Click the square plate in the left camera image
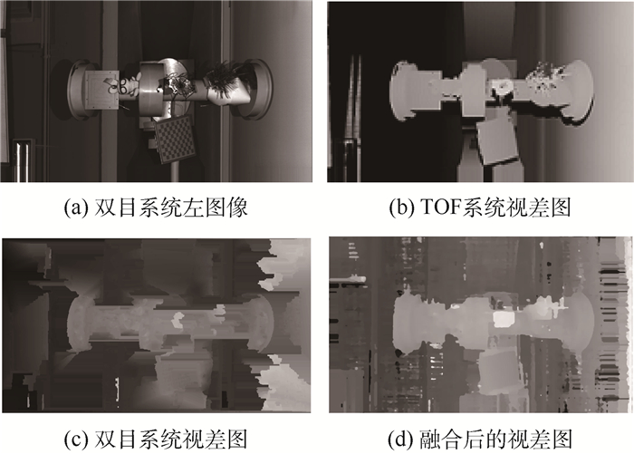[101, 90]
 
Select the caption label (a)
[76, 208]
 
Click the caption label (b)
[401, 208]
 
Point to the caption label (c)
[75, 440]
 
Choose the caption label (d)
[401, 440]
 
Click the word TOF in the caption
[440, 208]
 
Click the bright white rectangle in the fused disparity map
[504, 318]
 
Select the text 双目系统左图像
[170, 208]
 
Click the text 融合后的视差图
[495, 440]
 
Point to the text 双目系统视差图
[170, 440]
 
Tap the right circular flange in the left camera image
[259, 89]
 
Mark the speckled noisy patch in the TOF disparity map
[547, 78]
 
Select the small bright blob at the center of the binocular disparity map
[178, 320]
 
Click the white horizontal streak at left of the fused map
[349, 279]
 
